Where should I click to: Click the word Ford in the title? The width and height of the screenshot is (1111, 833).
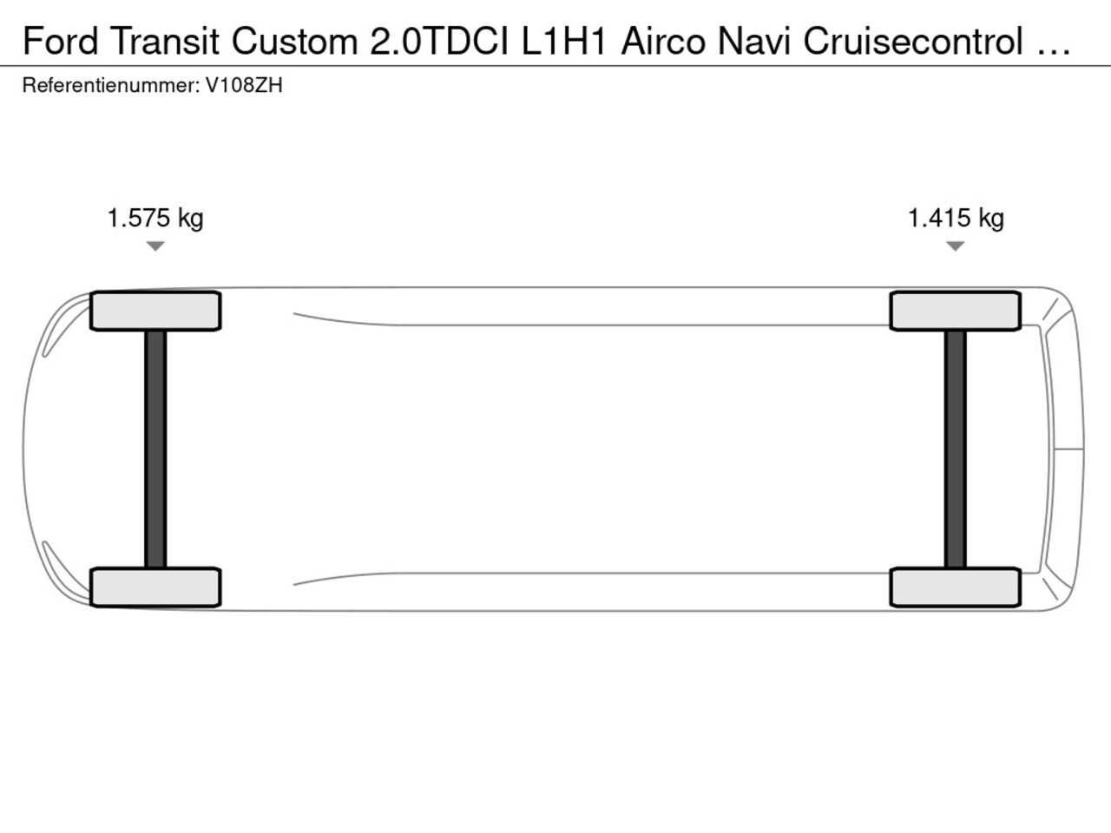(x=60, y=41)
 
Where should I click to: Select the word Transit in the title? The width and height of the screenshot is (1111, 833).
(x=165, y=41)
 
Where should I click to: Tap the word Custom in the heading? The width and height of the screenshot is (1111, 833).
(x=295, y=41)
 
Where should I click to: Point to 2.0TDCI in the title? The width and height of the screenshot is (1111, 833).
(x=439, y=41)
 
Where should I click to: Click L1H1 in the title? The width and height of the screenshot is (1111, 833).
(x=564, y=41)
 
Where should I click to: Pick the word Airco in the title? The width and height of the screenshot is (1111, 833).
(x=663, y=41)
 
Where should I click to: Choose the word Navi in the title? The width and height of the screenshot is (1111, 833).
(x=753, y=41)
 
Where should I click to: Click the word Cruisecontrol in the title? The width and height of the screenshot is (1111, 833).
(x=913, y=41)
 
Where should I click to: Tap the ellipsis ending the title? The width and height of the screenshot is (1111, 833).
(x=1053, y=51)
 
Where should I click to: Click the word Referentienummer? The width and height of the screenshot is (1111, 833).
(x=111, y=86)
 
